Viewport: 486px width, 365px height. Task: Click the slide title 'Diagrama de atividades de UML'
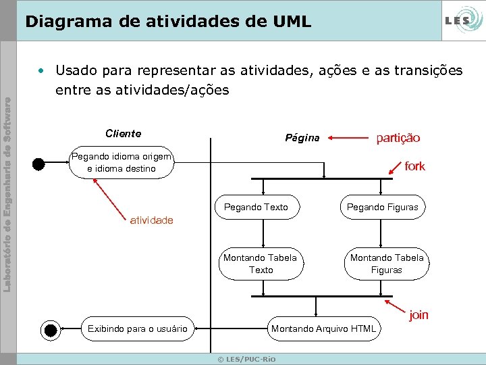point(168,22)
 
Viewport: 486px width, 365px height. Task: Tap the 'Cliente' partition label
point(124,133)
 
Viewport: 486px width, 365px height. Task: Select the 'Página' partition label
point(302,138)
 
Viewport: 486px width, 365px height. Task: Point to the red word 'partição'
point(398,138)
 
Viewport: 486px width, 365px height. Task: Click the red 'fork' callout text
point(414,166)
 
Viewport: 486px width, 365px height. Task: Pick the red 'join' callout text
point(418,314)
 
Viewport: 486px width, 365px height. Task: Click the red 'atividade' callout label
point(151,220)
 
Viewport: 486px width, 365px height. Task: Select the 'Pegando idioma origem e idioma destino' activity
point(122,163)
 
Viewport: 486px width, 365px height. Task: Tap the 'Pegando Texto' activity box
point(256,208)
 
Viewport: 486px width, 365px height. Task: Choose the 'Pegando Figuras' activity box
point(382,208)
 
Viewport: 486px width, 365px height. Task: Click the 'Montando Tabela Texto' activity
point(260,264)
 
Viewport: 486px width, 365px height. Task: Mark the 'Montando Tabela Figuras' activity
point(387,264)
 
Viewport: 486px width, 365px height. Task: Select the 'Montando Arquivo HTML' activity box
point(323,329)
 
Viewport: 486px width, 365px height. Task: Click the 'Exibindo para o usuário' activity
point(138,329)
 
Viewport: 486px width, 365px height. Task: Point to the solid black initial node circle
point(39,163)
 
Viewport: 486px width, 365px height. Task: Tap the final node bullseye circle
point(51,330)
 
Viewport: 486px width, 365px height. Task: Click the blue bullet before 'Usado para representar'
point(42,70)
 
